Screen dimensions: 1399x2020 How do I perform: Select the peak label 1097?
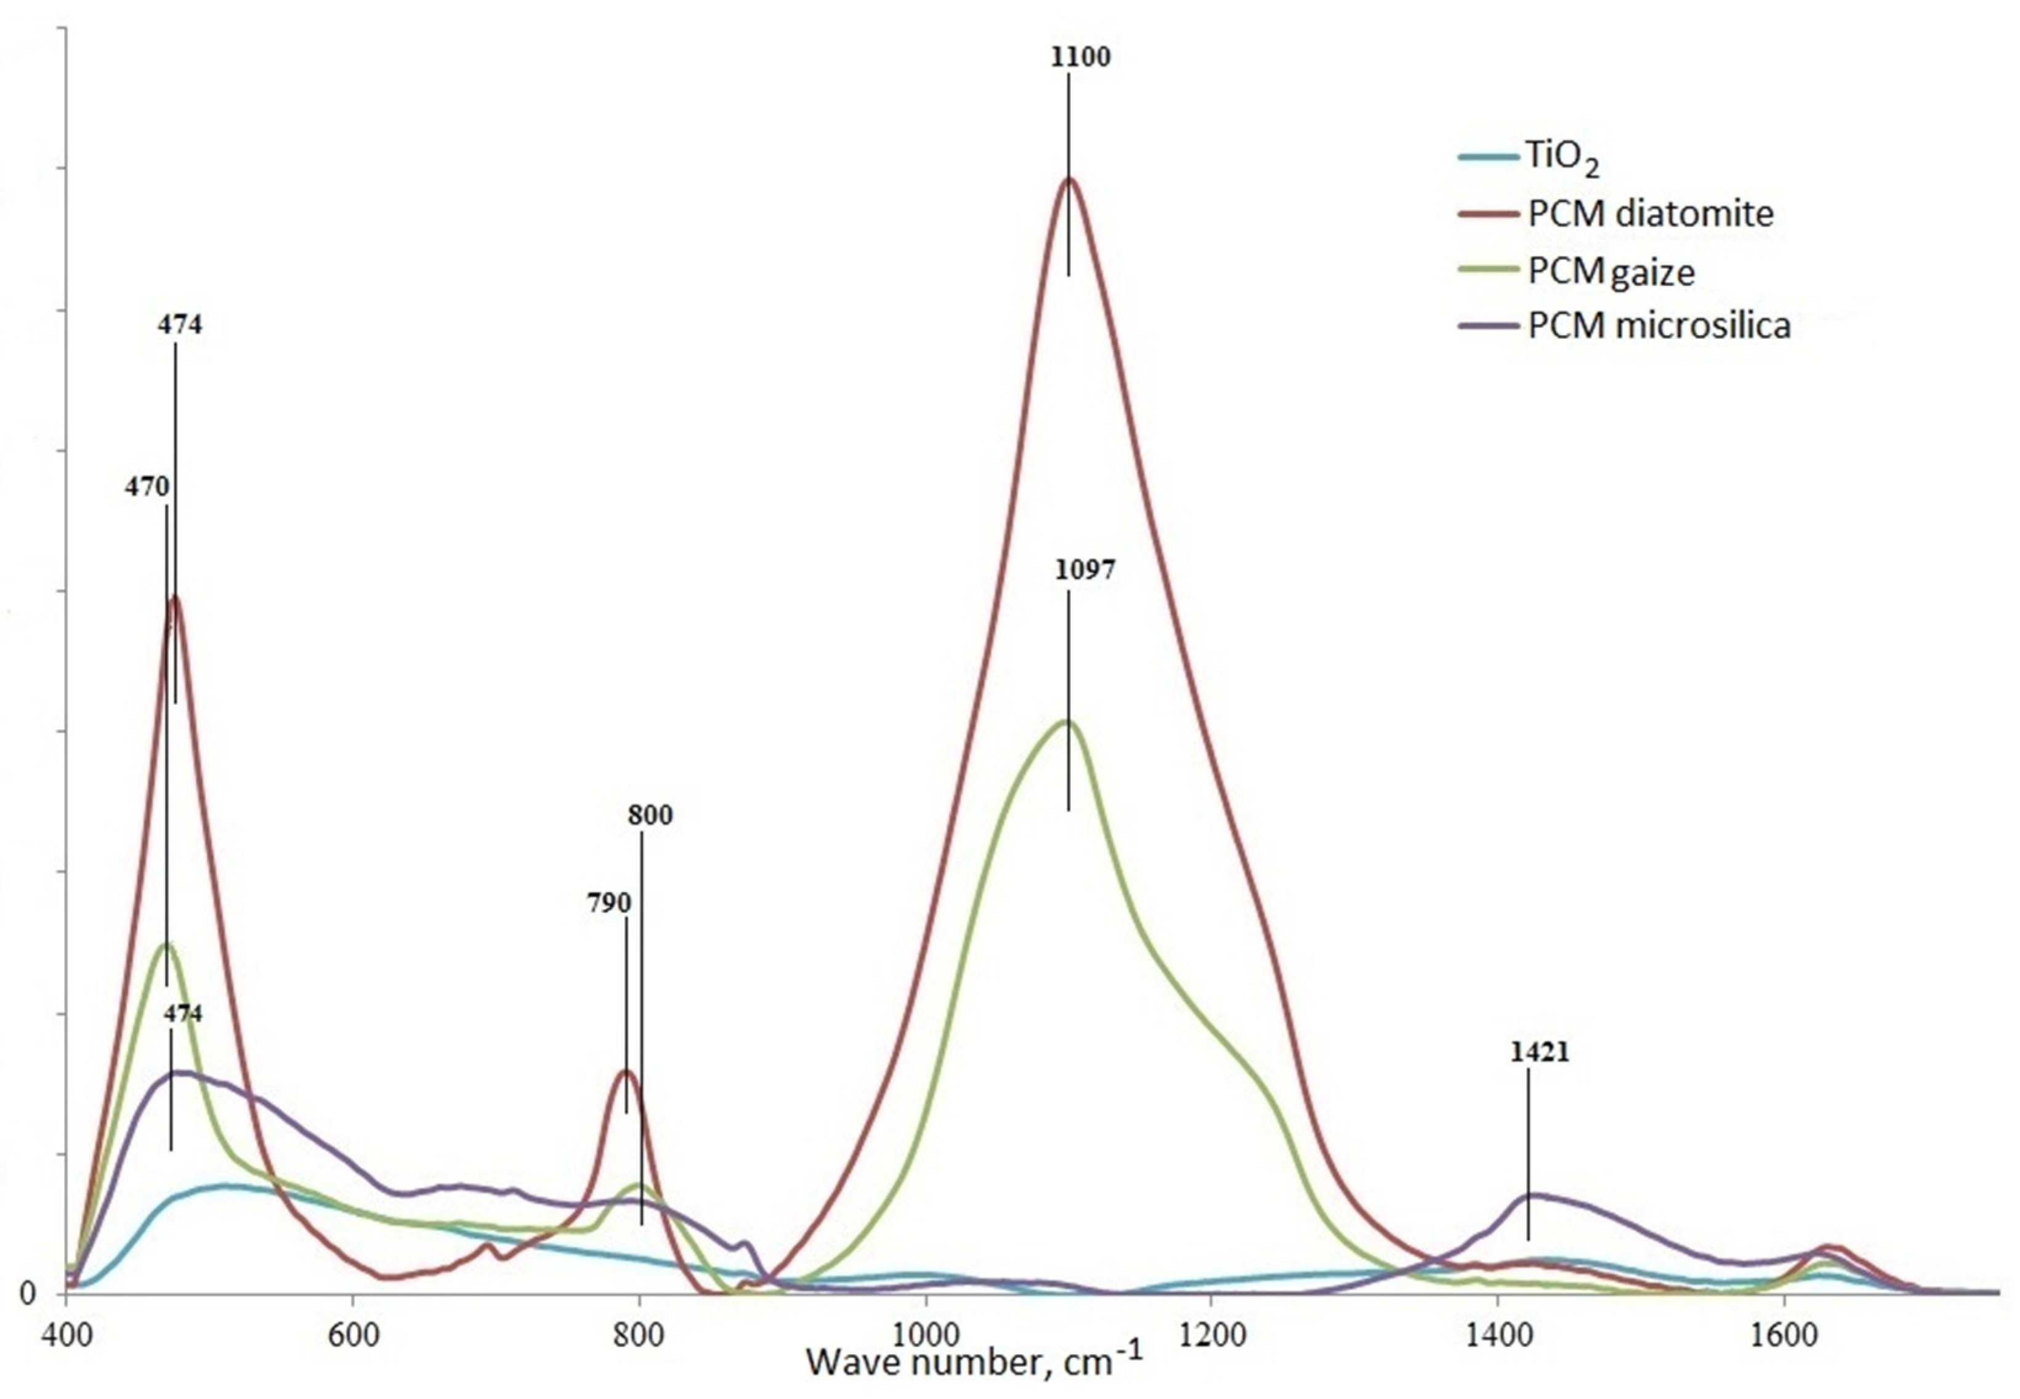click(1085, 570)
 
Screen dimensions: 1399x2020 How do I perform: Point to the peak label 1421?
click(1540, 1052)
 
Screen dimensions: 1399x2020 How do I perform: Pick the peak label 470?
click(147, 487)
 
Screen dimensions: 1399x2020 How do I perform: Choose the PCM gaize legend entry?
click(1610, 272)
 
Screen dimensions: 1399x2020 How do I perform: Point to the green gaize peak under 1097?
click(1067, 722)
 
